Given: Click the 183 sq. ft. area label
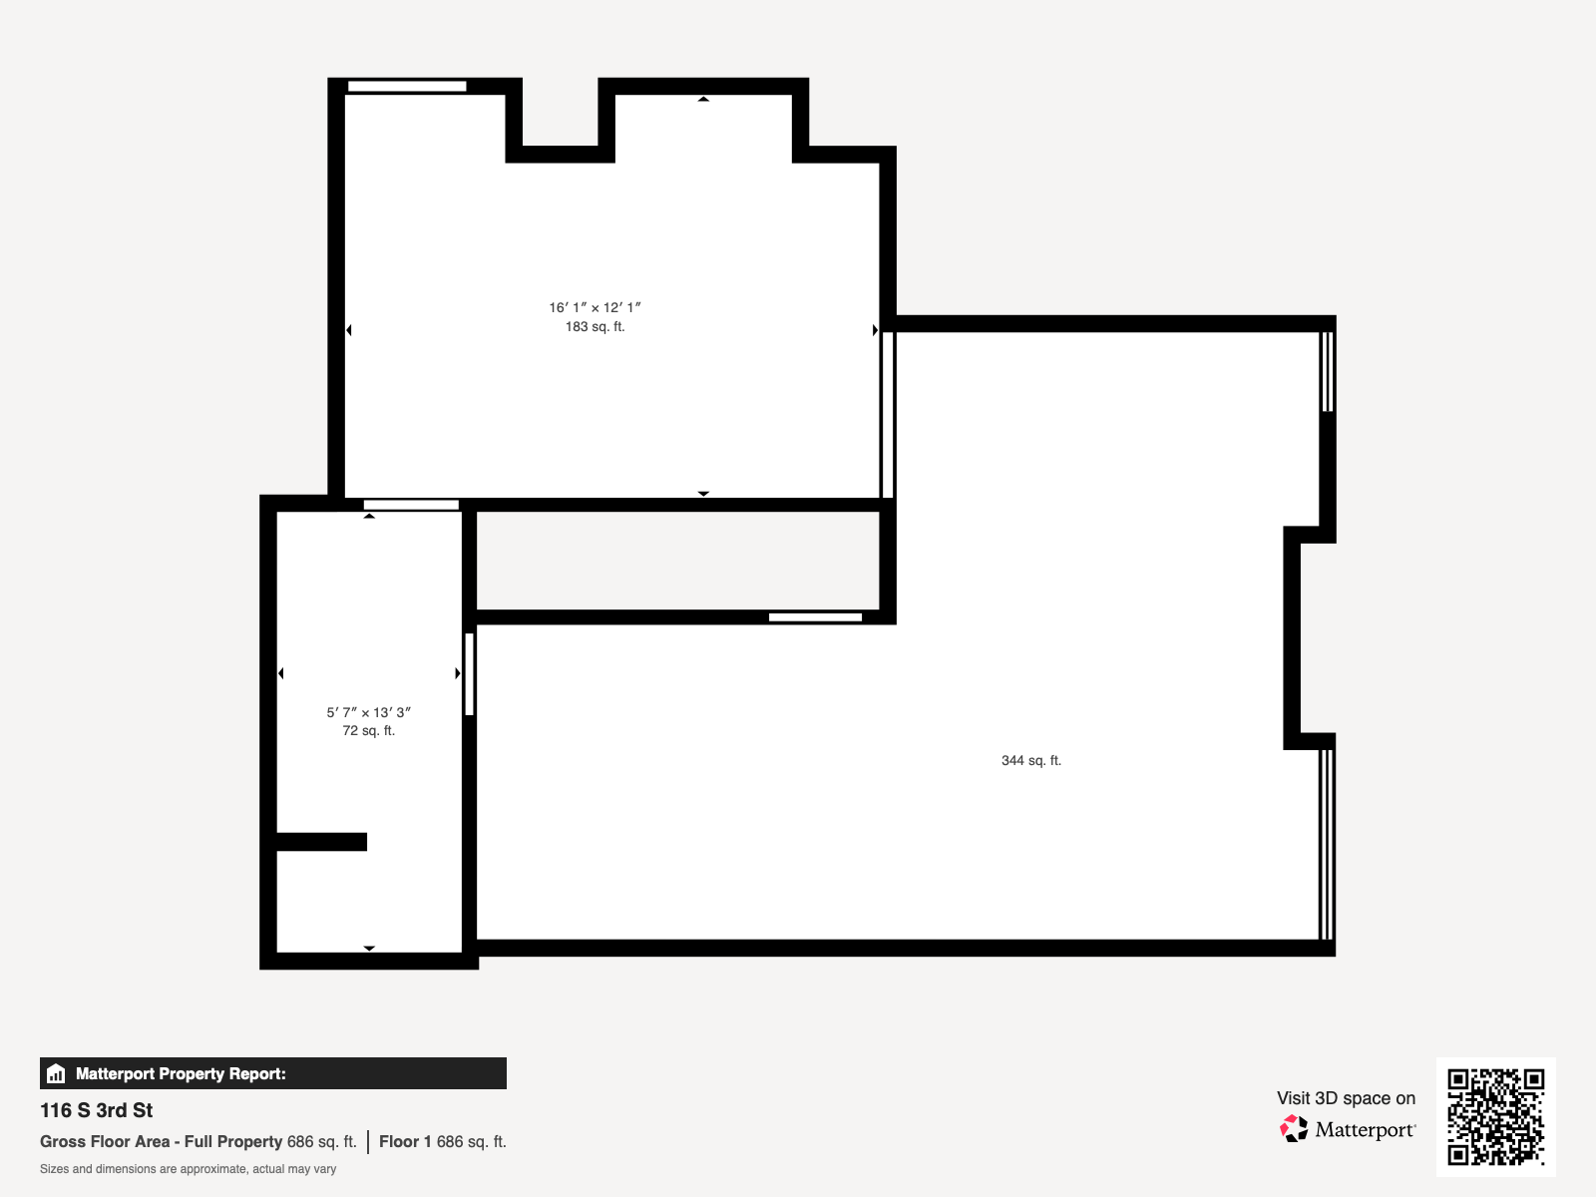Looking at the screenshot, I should (x=595, y=327).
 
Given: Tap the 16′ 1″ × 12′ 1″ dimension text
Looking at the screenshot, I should (x=595, y=307).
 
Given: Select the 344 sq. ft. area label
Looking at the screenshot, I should (x=1030, y=760).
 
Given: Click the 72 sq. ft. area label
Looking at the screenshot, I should (x=368, y=731).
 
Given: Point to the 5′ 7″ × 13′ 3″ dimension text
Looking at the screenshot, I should (x=368, y=712).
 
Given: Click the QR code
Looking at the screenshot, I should (x=1495, y=1116).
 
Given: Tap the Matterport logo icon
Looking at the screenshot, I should (x=1294, y=1129).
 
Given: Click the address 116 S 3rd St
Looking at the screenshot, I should (x=97, y=1110).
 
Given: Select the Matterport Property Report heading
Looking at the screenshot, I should (x=181, y=1074).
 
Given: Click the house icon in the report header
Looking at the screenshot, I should (x=56, y=1074).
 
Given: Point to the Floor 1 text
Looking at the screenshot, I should (x=405, y=1142).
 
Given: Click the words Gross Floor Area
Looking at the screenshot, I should (x=105, y=1142).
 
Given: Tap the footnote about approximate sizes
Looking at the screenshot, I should (x=188, y=1169).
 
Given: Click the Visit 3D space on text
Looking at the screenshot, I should (x=1346, y=1098).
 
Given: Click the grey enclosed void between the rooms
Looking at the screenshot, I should (x=677, y=561).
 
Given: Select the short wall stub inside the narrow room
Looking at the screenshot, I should (x=321, y=842).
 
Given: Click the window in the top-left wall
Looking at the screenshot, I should (x=407, y=87).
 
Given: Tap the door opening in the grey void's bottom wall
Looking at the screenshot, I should (x=815, y=617).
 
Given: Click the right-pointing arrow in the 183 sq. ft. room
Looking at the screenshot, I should (x=875, y=330).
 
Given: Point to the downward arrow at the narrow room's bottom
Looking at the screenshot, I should (x=369, y=948).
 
